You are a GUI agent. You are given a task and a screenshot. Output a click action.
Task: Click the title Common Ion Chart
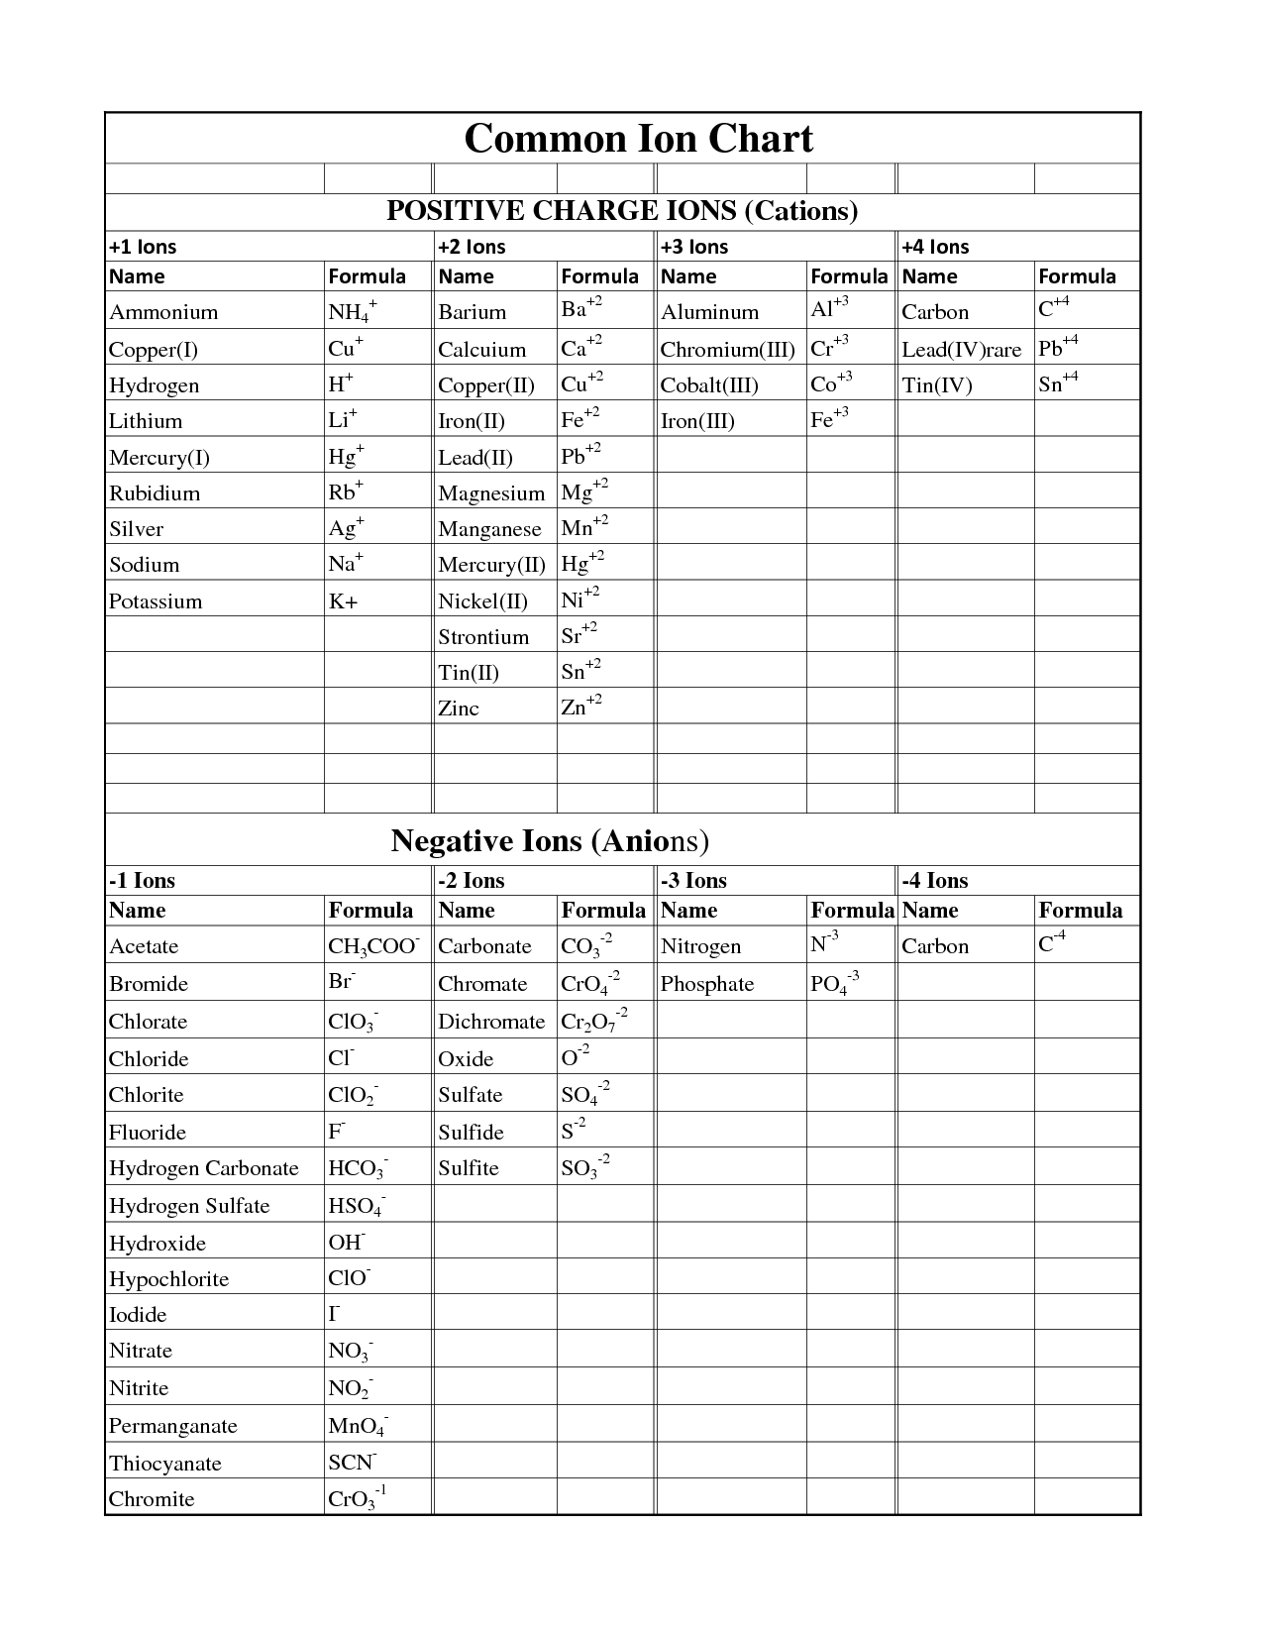click(638, 139)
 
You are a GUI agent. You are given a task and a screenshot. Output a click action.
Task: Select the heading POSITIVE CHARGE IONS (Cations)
click(621, 210)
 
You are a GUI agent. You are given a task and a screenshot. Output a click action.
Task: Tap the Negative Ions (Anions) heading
click(550, 841)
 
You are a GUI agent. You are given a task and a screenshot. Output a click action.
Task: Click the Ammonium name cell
click(163, 312)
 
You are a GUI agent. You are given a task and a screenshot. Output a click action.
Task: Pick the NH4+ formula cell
click(352, 312)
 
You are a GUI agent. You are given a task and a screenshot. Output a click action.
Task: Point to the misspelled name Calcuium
click(481, 349)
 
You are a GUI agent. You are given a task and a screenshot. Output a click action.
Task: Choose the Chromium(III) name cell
click(727, 349)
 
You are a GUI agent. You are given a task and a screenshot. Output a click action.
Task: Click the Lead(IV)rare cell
click(961, 349)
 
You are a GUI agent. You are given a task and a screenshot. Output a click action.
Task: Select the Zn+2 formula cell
click(581, 707)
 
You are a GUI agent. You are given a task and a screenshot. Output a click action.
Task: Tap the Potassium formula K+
click(343, 601)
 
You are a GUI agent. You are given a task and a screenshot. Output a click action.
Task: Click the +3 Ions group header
click(694, 247)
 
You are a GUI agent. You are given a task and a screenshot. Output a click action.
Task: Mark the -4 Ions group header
click(934, 880)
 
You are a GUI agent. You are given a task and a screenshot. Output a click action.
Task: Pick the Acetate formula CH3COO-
click(373, 946)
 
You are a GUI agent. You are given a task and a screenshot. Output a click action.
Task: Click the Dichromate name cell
click(491, 1022)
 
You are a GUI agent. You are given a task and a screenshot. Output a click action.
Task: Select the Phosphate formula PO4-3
click(834, 984)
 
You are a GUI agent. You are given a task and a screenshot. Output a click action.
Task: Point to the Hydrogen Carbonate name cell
click(203, 1168)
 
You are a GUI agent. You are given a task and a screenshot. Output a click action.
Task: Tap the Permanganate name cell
click(173, 1426)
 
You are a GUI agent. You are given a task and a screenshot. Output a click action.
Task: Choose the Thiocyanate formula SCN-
click(352, 1463)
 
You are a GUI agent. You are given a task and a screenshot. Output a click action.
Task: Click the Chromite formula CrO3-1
click(356, 1498)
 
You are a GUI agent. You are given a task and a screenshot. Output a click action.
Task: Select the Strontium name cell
click(483, 637)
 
